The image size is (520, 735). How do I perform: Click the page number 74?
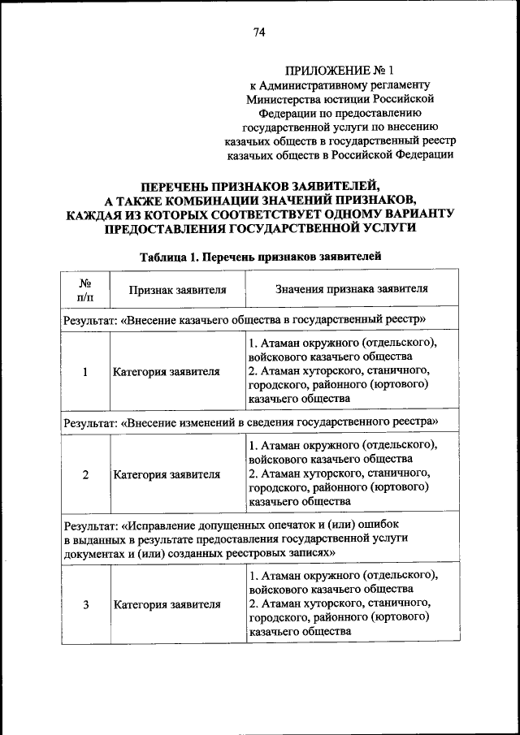[259, 32]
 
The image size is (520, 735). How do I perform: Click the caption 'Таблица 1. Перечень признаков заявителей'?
[259, 257]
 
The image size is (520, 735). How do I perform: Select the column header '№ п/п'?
[84, 288]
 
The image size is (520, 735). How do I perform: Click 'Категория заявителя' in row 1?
[167, 372]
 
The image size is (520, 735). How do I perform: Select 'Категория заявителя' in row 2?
[167, 475]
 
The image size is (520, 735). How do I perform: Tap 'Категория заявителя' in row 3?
[167, 605]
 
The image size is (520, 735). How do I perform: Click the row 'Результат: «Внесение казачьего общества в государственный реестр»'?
[244, 319]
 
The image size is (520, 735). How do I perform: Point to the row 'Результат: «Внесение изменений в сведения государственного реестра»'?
[251, 422]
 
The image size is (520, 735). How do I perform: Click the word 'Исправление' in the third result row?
[158, 525]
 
